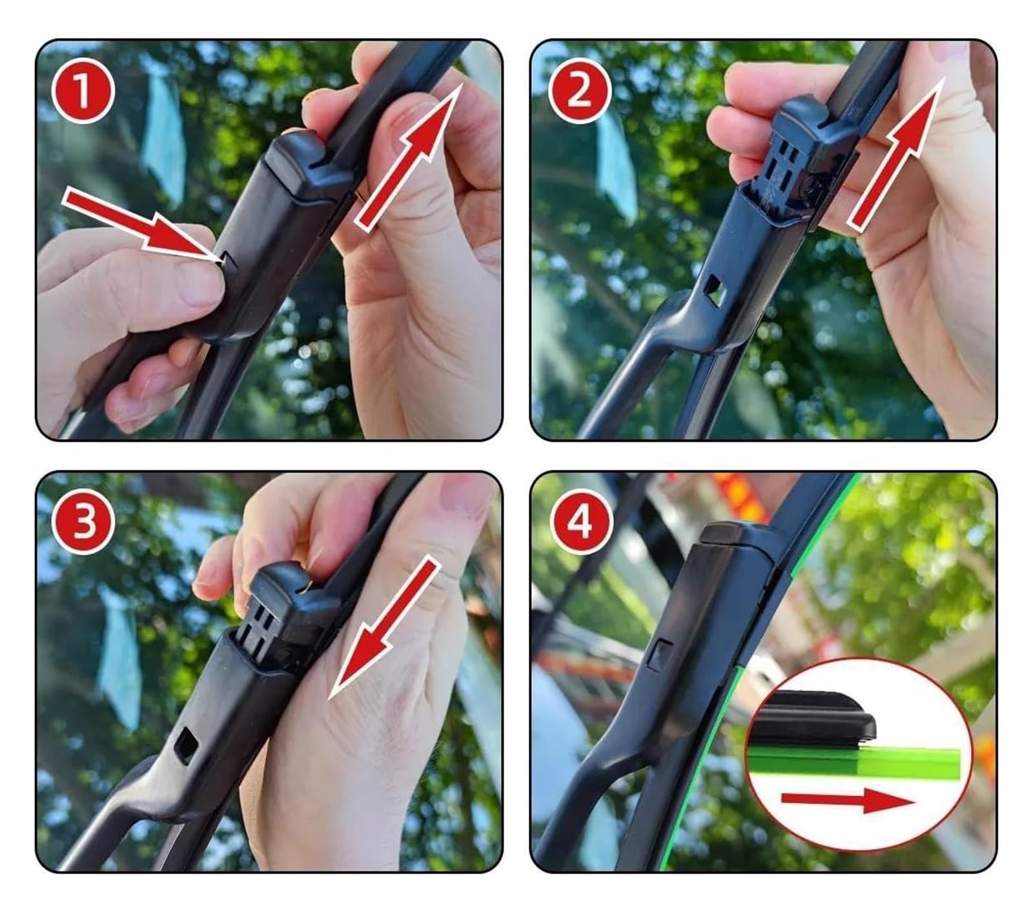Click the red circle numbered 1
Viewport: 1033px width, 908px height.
pos(83,91)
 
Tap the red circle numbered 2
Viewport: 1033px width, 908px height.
pos(579,91)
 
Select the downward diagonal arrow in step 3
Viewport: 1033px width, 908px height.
pos(384,629)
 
